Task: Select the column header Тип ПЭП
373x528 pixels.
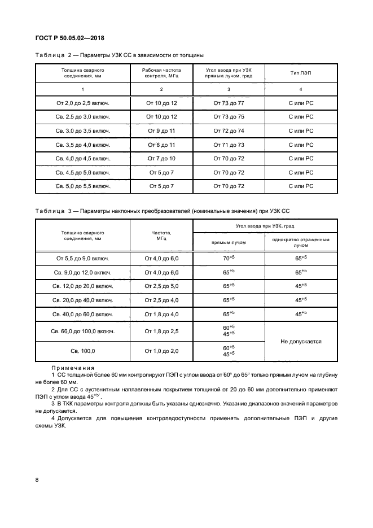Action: pyautogui.click(x=300, y=73)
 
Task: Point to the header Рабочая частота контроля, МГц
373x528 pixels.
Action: pyautogui.click(x=161, y=73)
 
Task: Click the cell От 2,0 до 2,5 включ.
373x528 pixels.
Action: pyautogui.click(x=82, y=103)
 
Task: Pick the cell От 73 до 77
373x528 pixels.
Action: pyautogui.click(x=229, y=103)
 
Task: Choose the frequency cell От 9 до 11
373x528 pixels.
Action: pyautogui.click(x=161, y=130)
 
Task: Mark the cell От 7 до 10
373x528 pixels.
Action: pyautogui.click(x=161, y=158)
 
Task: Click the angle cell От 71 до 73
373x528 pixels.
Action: pyautogui.click(x=229, y=145)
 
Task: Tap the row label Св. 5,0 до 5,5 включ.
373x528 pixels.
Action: pyautogui.click(x=82, y=186)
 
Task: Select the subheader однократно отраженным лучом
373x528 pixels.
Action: pyautogui.click(x=300, y=242)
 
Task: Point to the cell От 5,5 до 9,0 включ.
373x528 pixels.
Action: pyautogui.click(x=82, y=258)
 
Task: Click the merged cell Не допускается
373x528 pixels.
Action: pyautogui.click(x=300, y=341)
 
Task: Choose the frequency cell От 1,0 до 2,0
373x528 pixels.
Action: pyautogui.click(x=161, y=351)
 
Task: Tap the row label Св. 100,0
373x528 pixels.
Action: pyautogui.click(x=82, y=351)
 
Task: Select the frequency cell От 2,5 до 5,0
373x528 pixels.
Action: pyautogui.click(x=161, y=286)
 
